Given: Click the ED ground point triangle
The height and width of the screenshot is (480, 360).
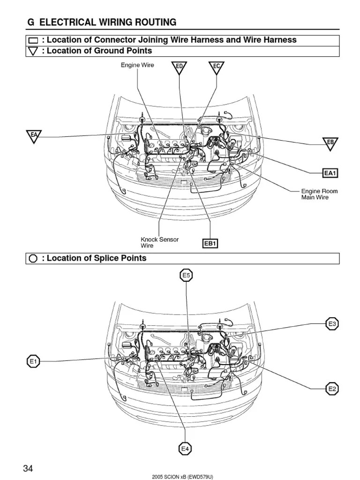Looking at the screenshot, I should coord(179,67).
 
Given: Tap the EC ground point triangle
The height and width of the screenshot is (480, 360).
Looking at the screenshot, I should coord(217,67).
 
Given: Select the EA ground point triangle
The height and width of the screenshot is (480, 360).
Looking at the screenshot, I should coord(34,136).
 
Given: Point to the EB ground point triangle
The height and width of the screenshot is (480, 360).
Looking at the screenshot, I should coord(330,142).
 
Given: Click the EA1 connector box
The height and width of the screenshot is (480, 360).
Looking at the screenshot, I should coord(330,173).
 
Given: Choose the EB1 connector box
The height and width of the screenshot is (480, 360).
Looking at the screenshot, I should coord(210,243).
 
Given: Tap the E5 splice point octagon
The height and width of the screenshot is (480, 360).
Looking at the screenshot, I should coord(187,276).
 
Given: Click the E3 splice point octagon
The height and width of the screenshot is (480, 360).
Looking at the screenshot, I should coord(332,323).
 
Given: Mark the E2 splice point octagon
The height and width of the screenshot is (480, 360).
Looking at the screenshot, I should coord(332,389).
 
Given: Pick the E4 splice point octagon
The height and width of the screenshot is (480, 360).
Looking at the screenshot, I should coord(186,449).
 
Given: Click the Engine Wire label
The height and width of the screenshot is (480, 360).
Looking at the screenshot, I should coord(138,65).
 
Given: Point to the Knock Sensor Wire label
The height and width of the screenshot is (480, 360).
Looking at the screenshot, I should coord(159,242).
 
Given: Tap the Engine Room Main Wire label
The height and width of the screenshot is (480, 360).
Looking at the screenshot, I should coord(319,194).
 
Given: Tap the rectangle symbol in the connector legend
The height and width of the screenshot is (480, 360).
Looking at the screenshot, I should coord(33,41).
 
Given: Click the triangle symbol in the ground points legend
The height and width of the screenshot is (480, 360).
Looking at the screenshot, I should coord(33,51).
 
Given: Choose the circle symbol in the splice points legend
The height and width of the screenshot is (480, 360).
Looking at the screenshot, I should coord(33,259).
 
